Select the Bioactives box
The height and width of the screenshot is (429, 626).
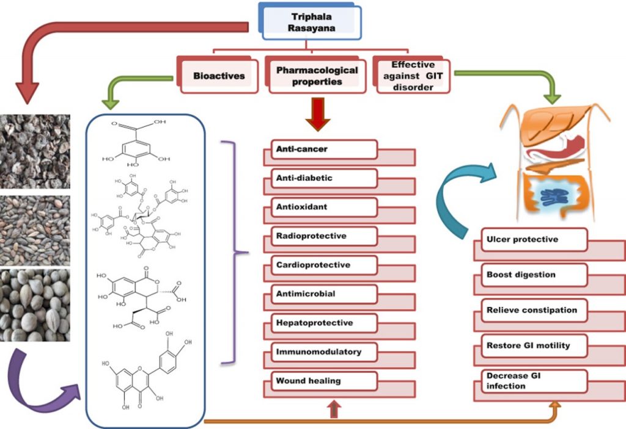(x=218, y=76)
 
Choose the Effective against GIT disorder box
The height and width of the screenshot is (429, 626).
(x=412, y=76)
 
